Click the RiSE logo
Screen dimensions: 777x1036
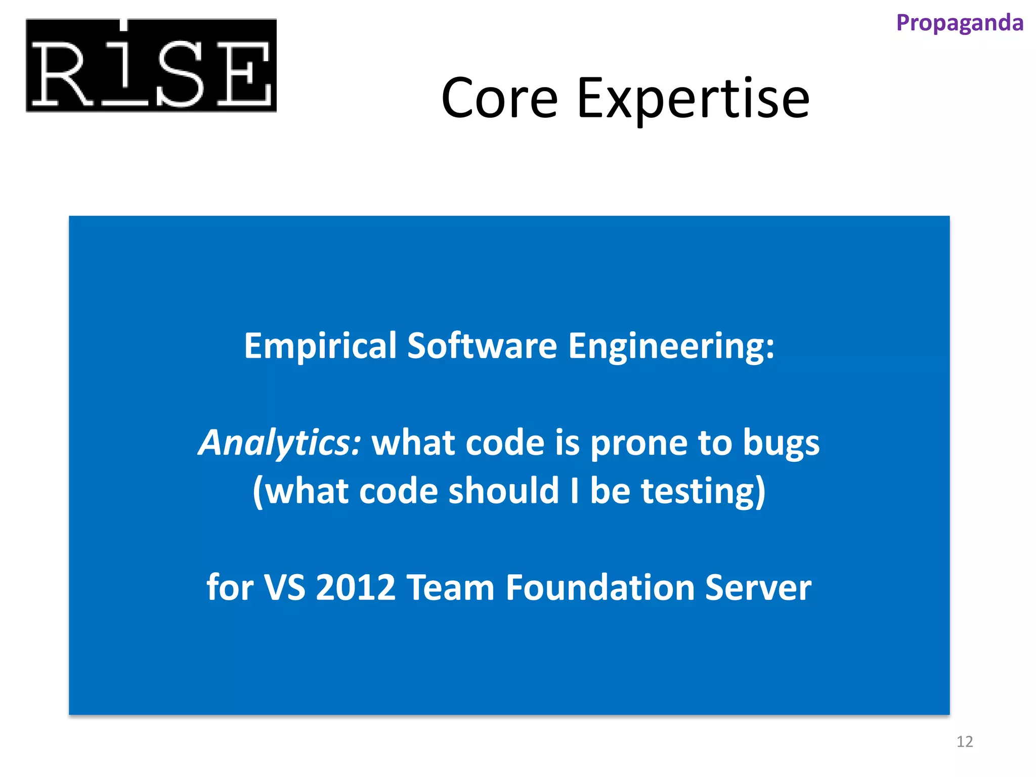[151, 66]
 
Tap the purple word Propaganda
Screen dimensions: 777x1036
[959, 23]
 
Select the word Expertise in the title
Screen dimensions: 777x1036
[693, 98]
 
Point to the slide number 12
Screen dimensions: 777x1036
[964, 742]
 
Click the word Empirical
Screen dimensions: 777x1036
[320, 346]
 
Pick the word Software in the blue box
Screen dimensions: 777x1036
[482, 346]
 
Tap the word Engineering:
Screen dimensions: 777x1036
[671, 347]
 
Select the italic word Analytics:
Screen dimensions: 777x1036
[280, 443]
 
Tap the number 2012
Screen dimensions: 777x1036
[355, 588]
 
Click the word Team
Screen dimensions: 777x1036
[450, 588]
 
